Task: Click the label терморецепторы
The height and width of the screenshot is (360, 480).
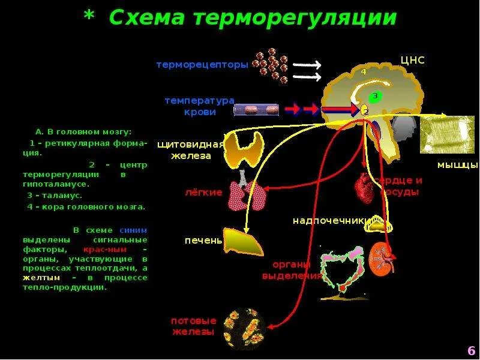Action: click(x=202, y=65)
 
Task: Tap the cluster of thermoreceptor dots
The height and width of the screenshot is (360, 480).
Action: click(x=271, y=65)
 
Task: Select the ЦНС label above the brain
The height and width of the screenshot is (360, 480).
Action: click(x=413, y=61)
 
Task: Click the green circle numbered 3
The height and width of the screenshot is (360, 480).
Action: click(x=374, y=96)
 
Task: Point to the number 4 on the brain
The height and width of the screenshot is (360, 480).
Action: click(x=363, y=71)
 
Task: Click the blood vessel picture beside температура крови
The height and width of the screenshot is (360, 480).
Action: click(x=256, y=110)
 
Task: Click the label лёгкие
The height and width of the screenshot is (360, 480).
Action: click(x=203, y=193)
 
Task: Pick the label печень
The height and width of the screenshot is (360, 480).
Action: click(x=203, y=241)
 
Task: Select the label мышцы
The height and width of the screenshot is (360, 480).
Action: click(x=457, y=164)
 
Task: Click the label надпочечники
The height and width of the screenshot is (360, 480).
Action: click(x=329, y=221)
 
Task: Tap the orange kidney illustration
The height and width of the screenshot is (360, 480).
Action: click(x=381, y=258)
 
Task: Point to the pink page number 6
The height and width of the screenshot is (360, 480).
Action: click(x=470, y=350)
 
